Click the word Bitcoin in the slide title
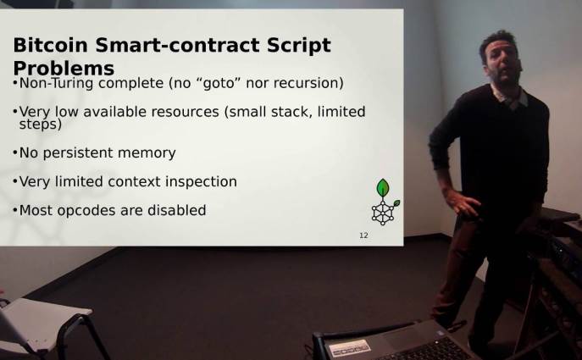(x=50, y=45)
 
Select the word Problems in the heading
(x=64, y=69)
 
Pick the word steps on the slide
(x=40, y=125)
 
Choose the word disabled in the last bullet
(x=177, y=210)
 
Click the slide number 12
(x=363, y=235)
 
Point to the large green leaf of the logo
(x=383, y=188)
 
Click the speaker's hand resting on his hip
(x=462, y=203)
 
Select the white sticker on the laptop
(x=350, y=348)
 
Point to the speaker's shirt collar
(x=510, y=96)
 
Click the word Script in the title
(x=298, y=46)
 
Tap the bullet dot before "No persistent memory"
(x=15, y=152)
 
